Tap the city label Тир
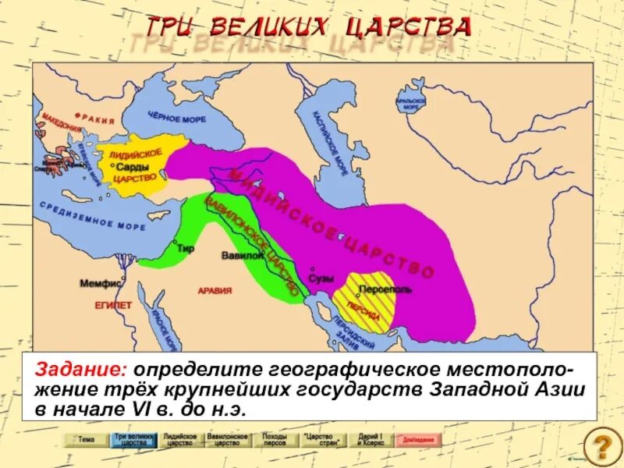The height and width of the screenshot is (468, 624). pos(185,249)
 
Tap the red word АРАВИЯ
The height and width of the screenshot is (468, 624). pos(214,291)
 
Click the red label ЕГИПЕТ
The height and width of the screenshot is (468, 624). pos(114,306)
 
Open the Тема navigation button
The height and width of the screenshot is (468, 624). pos(85,440)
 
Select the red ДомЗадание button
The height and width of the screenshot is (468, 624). pos(418,440)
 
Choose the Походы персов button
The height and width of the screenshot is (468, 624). pos(275,439)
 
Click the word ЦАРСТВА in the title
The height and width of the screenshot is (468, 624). pos(422,27)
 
